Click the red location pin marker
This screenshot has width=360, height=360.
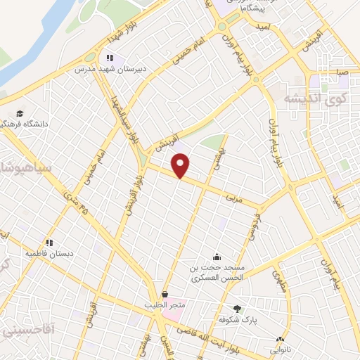181,166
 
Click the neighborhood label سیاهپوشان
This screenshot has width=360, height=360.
21,169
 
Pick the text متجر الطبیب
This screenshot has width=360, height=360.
165,304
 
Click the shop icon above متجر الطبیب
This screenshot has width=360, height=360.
165,294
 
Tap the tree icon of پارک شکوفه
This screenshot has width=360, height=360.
237,309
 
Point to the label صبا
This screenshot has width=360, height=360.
342,72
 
